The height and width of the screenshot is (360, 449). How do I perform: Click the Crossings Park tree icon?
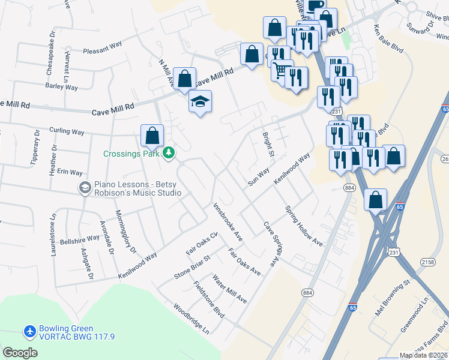coord(170,153)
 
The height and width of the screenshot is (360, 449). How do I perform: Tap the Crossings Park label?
coord(131,154)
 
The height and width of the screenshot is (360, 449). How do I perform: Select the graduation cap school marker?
coord(200,102)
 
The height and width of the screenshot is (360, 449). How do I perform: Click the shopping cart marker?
coord(281,71)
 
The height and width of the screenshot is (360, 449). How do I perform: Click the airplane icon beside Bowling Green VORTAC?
coord(30,331)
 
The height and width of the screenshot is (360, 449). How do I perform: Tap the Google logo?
coord(20,353)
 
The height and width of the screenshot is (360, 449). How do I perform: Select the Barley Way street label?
coord(62,86)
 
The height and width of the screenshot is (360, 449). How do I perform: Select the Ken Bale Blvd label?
coord(388,39)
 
